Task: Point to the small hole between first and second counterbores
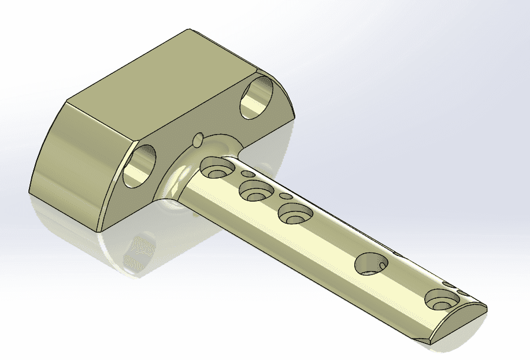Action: click(x=248, y=174)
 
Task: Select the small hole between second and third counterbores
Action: click(x=286, y=196)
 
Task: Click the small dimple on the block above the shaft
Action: click(x=198, y=139)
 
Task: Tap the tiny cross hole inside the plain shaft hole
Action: click(x=382, y=266)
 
